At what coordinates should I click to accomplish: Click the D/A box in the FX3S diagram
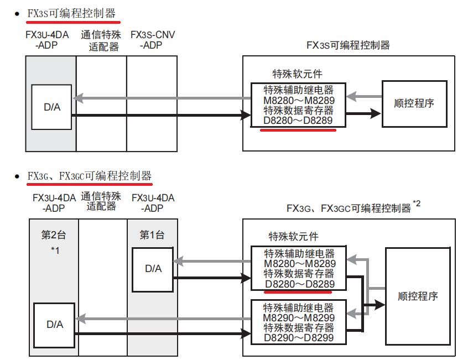click(51, 107)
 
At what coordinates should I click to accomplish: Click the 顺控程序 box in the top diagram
click(413, 103)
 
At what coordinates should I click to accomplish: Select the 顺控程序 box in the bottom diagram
click(418, 296)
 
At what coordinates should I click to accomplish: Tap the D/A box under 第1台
click(153, 269)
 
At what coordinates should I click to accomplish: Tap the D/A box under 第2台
click(54, 325)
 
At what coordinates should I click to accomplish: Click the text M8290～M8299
click(299, 317)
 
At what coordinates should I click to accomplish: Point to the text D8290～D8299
click(299, 337)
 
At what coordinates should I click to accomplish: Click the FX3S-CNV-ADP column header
click(152, 40)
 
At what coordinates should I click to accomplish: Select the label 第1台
click(152, 234)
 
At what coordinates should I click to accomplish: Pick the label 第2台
click(54, 234)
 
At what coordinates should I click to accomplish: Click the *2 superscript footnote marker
click(417, 204)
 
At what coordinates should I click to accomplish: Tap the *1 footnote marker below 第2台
click(55, 251)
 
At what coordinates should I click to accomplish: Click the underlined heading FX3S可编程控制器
click(71, 13)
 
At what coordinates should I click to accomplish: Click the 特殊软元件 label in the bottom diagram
click(294, 236)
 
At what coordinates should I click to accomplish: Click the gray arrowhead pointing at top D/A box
click(78, 98)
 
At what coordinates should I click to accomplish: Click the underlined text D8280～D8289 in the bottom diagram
click(299, 283)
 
